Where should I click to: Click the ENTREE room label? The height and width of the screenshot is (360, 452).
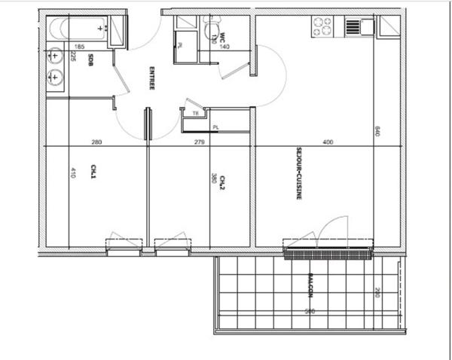click(151, 78)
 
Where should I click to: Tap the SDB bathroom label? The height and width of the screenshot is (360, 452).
click(90, 60)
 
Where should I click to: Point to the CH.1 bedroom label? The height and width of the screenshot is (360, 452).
click(94, 171)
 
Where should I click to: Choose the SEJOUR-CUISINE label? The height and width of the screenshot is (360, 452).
click(299, 178)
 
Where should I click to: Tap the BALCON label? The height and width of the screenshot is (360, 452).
click(309, 285)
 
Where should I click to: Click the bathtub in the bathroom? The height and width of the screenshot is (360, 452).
click(78, 30)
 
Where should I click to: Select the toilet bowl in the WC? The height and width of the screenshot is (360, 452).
click(209, 29)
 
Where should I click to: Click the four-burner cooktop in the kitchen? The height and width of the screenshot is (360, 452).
click(322, 26)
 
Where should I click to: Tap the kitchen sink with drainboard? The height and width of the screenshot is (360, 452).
click(359, 26)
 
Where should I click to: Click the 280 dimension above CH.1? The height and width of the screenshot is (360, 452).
click(96, 142)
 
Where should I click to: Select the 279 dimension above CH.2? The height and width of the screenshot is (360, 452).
click(199, 142)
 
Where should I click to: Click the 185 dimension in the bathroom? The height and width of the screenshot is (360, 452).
click(59, 47)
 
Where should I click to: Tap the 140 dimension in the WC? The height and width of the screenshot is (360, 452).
click(224, 47)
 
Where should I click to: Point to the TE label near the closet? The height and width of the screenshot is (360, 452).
click(196, 113)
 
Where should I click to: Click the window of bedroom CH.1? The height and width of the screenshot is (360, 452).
click(124, 246)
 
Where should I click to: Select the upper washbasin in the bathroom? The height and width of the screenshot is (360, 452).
click(55, 56)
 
